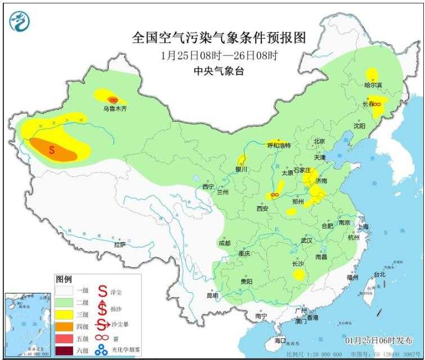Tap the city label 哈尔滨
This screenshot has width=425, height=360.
(x=373, y=85)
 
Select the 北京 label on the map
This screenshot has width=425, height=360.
(x=320, y=141)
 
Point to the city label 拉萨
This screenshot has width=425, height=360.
(x=119, y=245)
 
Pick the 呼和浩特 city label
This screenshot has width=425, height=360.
(x=279, y=145)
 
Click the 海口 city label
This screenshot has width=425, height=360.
(x=280, y=341)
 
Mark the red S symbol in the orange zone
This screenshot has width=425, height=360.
(x=52, y=150)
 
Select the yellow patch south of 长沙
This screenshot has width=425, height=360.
(x=298, y=274)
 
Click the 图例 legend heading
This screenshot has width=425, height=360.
(x=64, y=279)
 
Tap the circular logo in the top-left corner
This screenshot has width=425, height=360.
(x=20, y=21)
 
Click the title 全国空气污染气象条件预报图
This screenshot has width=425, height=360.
(x=219, y=38)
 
